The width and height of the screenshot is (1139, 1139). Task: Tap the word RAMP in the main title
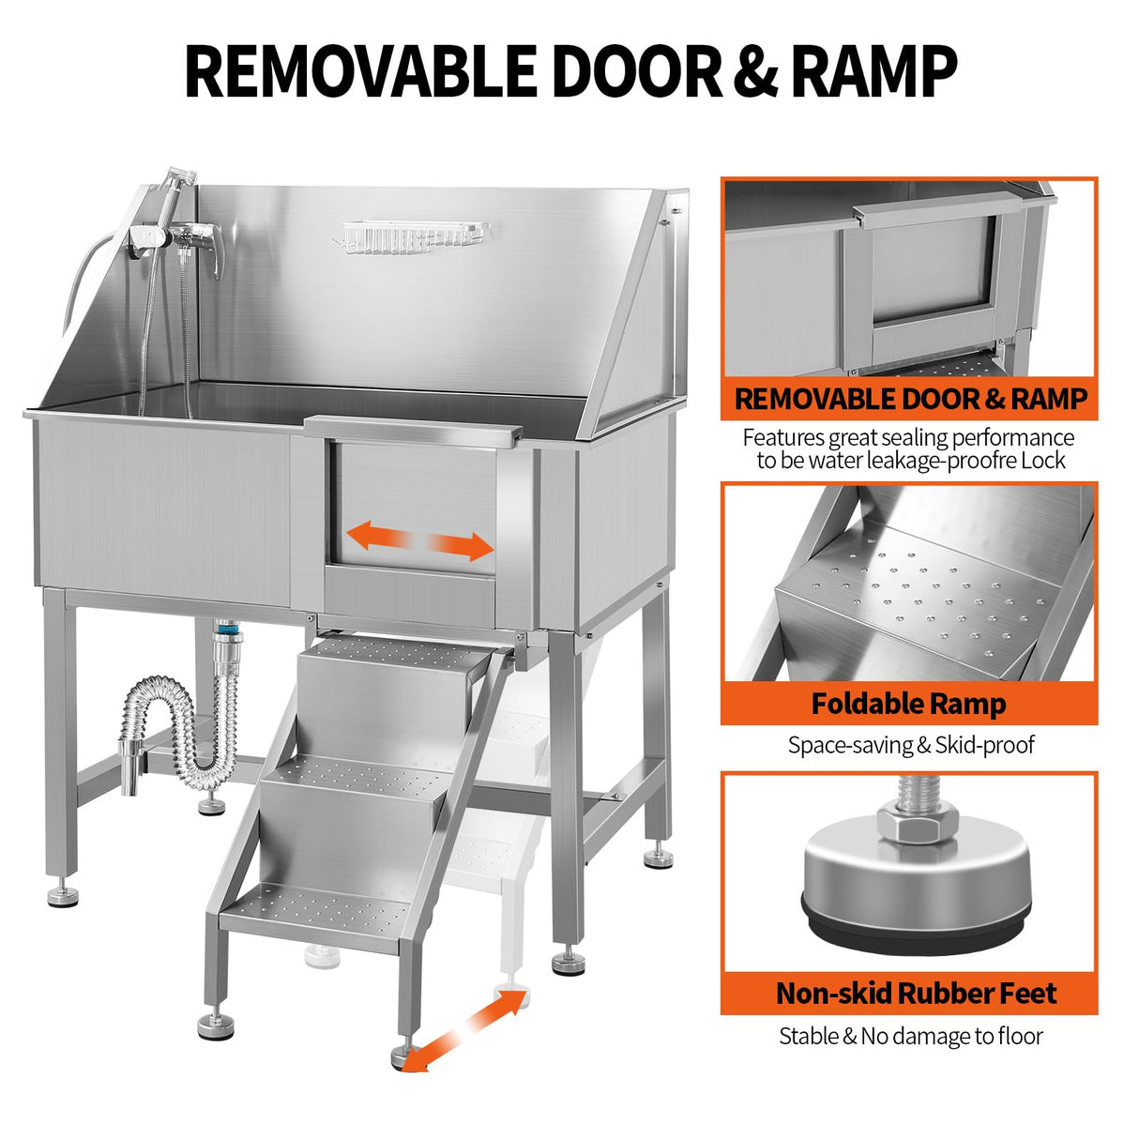click(x=865, y=71)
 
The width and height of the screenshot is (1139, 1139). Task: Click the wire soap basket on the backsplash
click(x=416, y=234)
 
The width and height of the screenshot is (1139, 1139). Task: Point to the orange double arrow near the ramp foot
click(x=465, y=1031)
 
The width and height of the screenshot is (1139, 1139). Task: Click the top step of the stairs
click(x=395, y=649)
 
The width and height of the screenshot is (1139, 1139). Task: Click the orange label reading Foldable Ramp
click(x=907, y=704)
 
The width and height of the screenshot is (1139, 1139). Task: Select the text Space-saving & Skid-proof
click(x=909, y=746)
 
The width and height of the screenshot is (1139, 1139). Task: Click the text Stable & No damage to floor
click(x=910, y=1036)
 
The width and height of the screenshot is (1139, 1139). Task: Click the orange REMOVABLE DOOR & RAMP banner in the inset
click(x=909, y=399)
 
